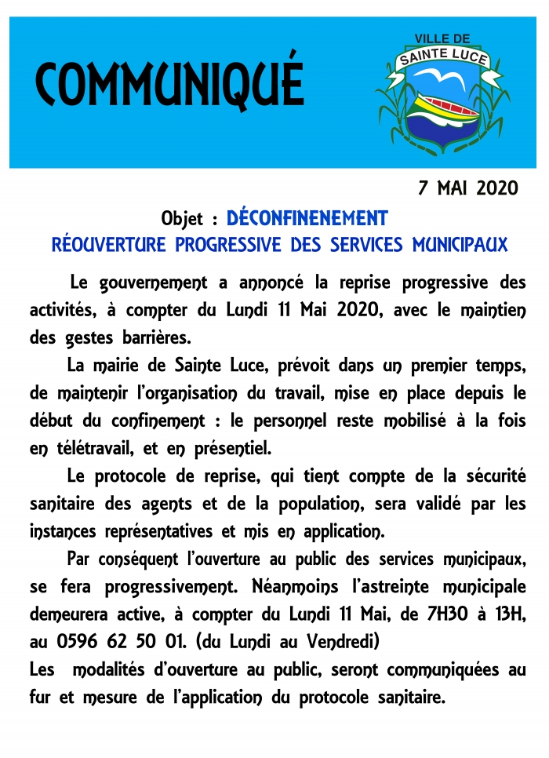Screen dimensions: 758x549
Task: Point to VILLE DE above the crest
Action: click(x=442, y=38)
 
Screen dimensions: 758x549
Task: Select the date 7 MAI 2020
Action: click(x=468, y=188)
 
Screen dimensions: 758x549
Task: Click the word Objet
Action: click(x=184, y=218)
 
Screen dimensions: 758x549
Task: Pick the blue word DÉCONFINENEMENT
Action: click(x=307, y=217)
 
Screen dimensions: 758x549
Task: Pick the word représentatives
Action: click(x=149, y=531)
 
